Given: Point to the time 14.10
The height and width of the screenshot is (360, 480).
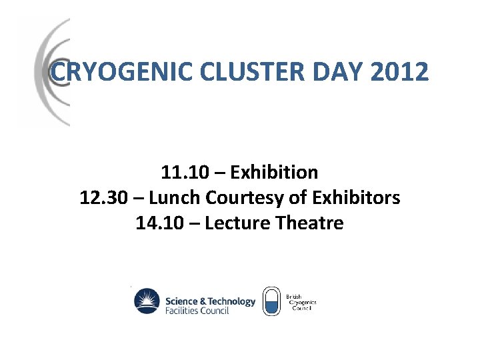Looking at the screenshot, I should [157, 223].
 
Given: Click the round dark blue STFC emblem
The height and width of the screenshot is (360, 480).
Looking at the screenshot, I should [147, 301].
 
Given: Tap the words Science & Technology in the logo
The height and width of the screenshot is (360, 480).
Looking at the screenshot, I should [210, 301].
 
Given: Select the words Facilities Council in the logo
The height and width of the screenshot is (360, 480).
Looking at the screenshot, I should [197, 311].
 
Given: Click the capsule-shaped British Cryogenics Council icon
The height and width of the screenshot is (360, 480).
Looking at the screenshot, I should [271, 301].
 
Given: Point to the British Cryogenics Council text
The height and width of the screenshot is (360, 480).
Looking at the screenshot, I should [302, 301].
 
